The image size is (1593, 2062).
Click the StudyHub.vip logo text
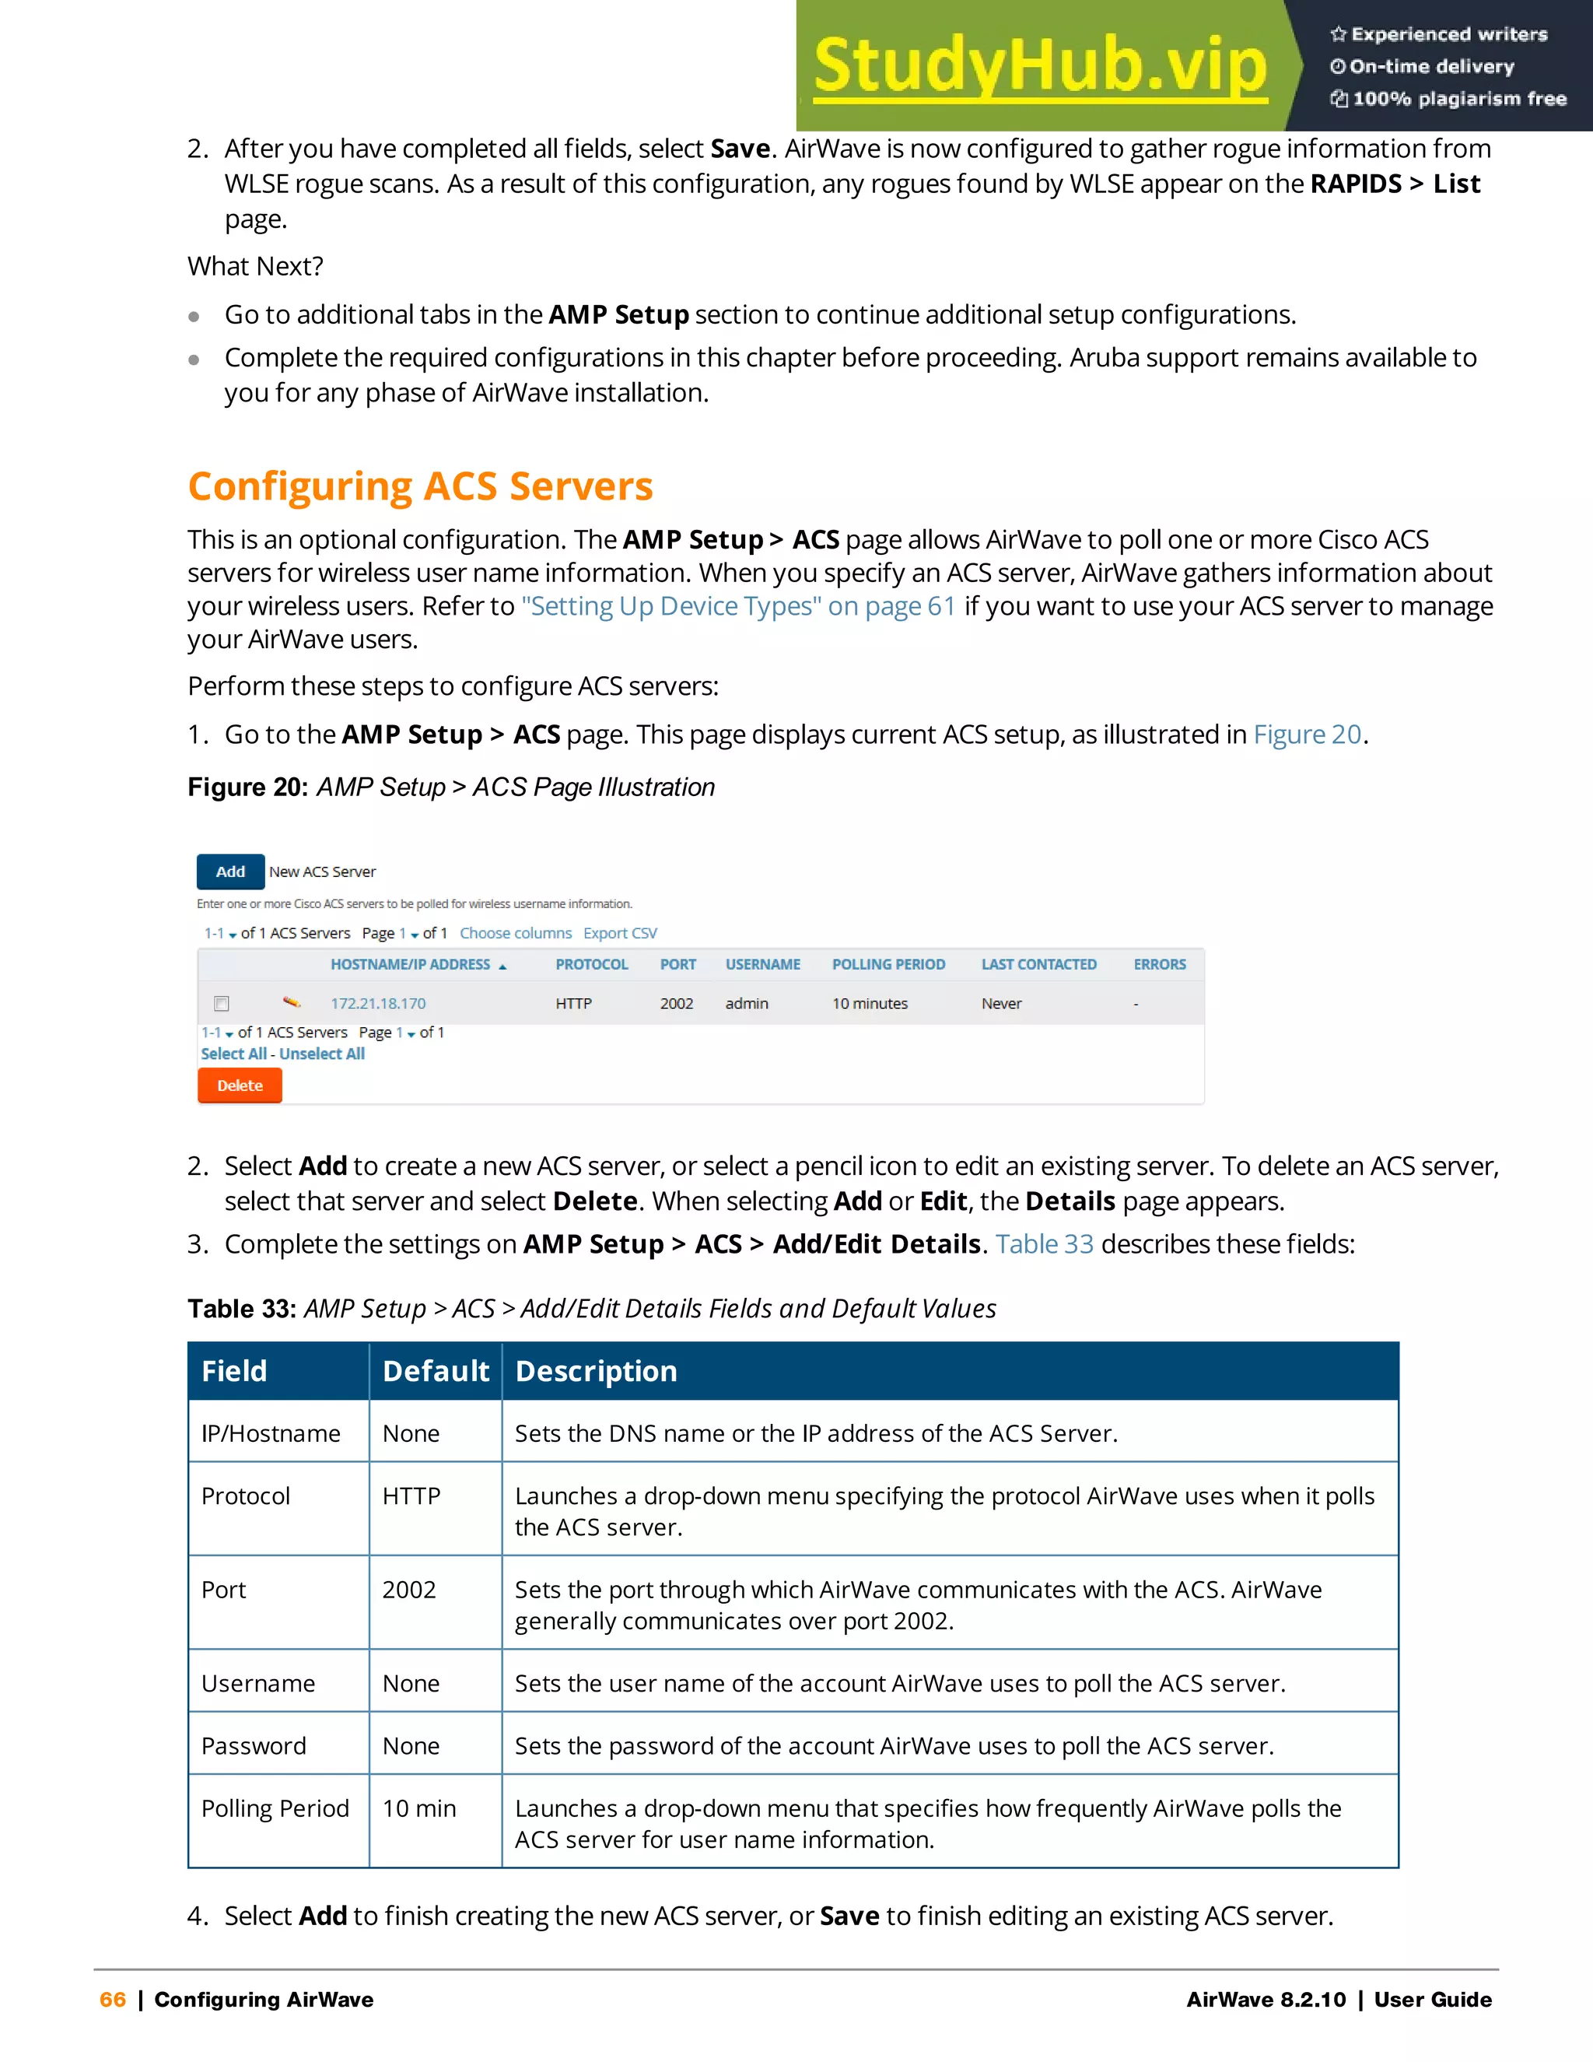click(1040, 66)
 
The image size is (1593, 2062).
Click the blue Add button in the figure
click(230, 871)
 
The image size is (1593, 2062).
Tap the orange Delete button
click(240, 1085)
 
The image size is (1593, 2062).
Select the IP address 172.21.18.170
click(377, 1004)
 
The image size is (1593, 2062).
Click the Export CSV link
click(620, 933)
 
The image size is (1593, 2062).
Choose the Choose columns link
click(515, 933)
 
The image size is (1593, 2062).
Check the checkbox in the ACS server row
click(222, 1004)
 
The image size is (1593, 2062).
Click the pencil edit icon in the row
click(292, 1001)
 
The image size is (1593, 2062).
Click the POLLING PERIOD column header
click(888, 964)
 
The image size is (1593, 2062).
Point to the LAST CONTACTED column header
click(1038, 964)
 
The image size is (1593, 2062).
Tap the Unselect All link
click(322, 1054)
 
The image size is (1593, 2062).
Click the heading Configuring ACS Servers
click(420, 486)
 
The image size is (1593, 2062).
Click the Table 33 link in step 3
click(1044, 1243)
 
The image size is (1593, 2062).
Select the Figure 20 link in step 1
click(1307, 734)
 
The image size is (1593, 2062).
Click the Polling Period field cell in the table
click(275, 1808)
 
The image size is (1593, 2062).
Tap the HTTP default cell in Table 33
click(411, 1496)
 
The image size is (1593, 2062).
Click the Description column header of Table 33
click(597, 1371)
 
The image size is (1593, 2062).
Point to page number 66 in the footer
click(112, 2000)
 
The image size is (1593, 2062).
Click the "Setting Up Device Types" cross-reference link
click(738, 606)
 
